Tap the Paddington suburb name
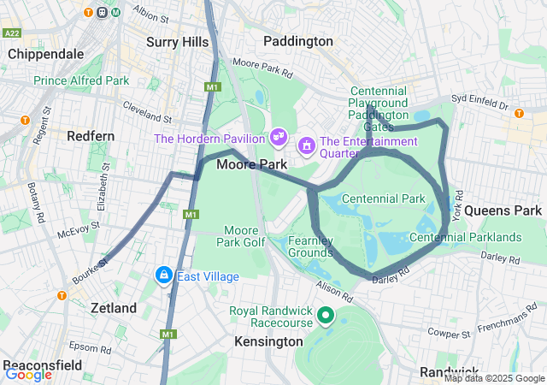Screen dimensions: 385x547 (x=297, y=41)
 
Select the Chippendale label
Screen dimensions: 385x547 (x=46, y=54)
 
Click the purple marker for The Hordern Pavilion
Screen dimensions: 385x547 (x=278, y=136)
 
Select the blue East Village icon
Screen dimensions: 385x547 (x=162, y=275)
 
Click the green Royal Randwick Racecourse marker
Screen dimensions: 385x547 (x=325, y=317)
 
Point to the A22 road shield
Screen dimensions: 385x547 (x=12, y=33)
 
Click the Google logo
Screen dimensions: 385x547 (x=28, y=374)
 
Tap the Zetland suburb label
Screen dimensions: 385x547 (x=114, y=308)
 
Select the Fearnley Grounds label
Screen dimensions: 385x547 (x=310, y=247)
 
